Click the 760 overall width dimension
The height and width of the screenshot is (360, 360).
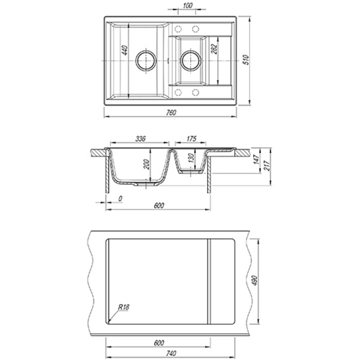171,113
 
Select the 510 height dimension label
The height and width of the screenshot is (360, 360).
247,60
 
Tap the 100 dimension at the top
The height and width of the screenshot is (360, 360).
188,5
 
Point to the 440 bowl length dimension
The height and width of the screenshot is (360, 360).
125,50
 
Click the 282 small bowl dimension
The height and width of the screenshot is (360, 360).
214,49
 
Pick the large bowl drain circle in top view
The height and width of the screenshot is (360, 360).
146,60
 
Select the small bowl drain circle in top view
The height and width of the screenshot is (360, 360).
191,61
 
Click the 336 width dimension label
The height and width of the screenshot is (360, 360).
140,139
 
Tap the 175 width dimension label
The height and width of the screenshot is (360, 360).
191,139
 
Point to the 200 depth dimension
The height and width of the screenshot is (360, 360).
146,164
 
